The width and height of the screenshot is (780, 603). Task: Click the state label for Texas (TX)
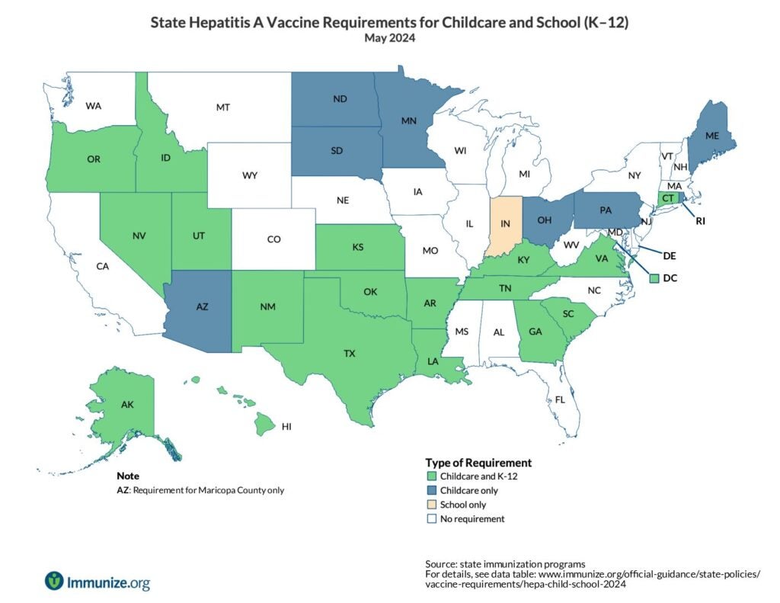(350, 353)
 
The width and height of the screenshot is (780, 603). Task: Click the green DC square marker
(653, 278)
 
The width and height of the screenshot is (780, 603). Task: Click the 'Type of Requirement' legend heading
(478, 462)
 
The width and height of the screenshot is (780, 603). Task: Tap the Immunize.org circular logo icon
(54, 581)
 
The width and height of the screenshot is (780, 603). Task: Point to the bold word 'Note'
(127, 476)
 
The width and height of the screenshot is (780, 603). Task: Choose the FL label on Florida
(560, 399)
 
